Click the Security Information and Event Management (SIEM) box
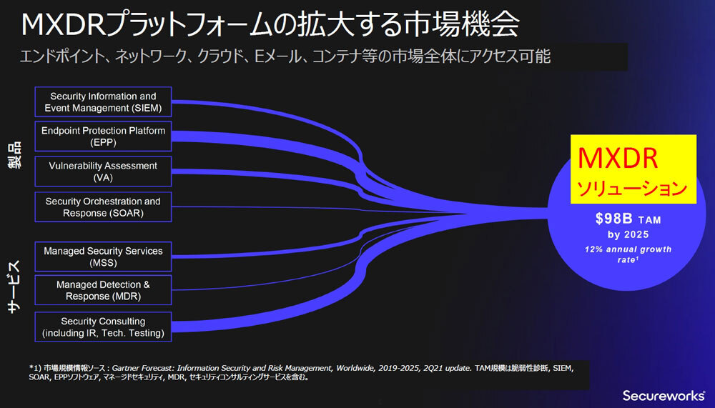pyautogui.click(x=103, y=102)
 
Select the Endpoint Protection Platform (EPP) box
pyautogui.click(x=103, y=136)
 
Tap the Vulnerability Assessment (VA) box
pyautogui.click(x=103, y=171)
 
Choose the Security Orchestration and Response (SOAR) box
pyautogui.click(x=103, y=207)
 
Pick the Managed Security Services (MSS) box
pyautogui.click(x=103, y=257)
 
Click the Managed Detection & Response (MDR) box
pyautogui.click(x=103, y=290)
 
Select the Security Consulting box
pyautogui.click(x=103, y=327)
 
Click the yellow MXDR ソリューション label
pyautogui.click(x=633, y=169)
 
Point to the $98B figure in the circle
pyautogui.click(x=613, y=219)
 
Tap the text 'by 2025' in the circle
pyautogui.click(x=628, y=235)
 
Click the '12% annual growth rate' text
pyautogui.click(x=628, y=254)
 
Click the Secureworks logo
pyautogui.click(x=664, y=395)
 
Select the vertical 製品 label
pyautogui.click(x=16, y=155)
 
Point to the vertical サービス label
pyautogui.click(x=16, y=287)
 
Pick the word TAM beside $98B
pyautogui.click(x=649, y=220)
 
